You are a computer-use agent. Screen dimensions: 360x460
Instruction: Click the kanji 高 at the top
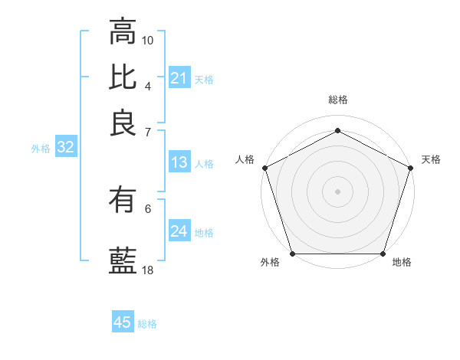point(123,32)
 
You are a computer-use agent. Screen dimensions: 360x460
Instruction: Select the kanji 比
point(123,77)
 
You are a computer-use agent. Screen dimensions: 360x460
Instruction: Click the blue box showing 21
point(179,77)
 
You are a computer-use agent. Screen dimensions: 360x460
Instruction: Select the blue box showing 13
point(179,162)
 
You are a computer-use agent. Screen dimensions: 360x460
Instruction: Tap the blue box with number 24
point(179,231)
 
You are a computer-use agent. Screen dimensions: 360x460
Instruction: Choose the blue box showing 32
point(65,148)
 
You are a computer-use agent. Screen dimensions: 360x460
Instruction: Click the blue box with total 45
point(123,322)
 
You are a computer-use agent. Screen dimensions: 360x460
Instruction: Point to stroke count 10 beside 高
point(148,40)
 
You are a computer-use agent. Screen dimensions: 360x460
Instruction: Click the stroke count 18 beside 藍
point(148,270)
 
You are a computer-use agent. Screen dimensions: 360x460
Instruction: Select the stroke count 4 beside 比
point(148,85)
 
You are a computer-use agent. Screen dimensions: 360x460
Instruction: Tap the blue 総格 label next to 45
point(147,324)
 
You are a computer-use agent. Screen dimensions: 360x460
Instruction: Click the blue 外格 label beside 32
point(41,149)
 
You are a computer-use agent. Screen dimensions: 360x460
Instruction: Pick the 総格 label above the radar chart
point(337,100)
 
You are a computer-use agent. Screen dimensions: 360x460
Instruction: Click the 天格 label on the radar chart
point(432,159)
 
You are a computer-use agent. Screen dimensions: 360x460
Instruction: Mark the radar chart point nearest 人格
point(264,167)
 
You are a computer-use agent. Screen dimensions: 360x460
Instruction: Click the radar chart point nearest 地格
point(383,254)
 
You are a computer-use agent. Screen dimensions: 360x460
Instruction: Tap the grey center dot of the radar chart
point(337,191)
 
